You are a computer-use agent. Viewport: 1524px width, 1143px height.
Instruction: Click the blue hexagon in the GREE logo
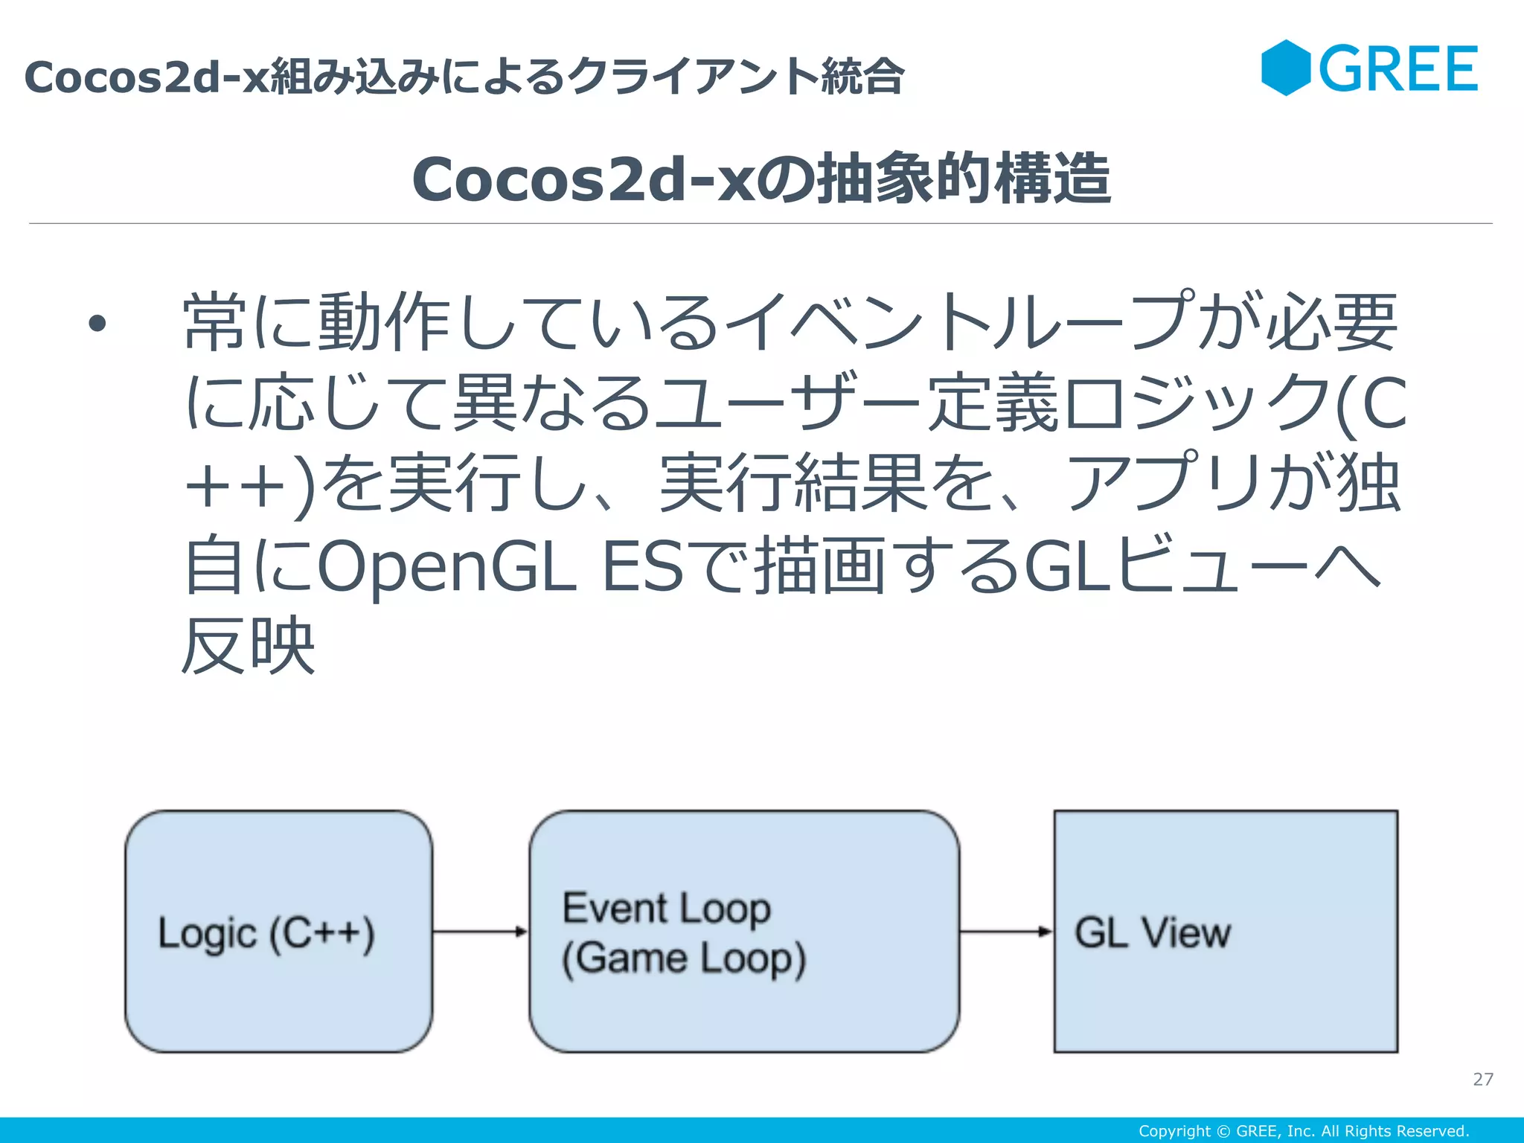1286,68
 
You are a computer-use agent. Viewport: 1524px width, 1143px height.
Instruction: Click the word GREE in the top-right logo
1398,69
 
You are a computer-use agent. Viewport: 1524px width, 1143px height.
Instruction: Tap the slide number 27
1482,1079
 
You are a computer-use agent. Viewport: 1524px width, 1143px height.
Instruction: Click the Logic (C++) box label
266,933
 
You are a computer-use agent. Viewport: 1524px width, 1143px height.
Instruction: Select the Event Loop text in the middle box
666,908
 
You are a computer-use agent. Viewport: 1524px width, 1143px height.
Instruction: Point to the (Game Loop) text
683,958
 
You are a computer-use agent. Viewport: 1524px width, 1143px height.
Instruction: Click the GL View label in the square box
1152,932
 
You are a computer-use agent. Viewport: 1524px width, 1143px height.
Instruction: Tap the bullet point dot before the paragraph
97,324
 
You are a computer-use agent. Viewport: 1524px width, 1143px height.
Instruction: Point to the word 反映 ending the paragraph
249,646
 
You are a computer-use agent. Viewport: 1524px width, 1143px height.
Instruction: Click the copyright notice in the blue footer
1304,1131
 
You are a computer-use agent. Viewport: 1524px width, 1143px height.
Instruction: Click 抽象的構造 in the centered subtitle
964,179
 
